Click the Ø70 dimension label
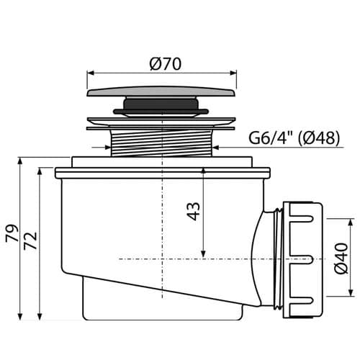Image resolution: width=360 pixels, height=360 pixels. [x=165, y=64]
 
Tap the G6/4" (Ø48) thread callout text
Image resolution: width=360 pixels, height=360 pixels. [x=294, y=138]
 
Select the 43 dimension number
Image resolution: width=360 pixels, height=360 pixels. [x=194, y=212]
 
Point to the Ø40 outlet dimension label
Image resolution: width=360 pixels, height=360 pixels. [x=341, y=258]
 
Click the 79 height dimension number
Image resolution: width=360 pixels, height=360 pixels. [x=12, y=233]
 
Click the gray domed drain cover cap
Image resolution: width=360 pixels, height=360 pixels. [x=162, y=91]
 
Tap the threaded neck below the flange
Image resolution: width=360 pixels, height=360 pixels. [x=162, y=143]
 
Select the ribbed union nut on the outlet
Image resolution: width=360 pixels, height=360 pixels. [x=303, y=260]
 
